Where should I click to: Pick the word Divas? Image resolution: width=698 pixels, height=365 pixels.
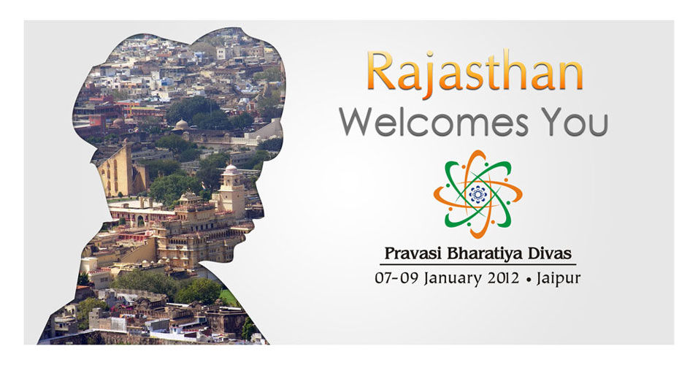click(549, 253)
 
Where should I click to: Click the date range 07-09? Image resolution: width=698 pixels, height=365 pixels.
click(396, 278)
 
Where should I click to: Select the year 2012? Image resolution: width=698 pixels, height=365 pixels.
click(503, 278)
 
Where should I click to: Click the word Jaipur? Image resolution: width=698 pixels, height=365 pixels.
click(559, 279)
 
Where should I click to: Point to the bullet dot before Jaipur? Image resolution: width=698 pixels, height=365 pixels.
click(529, 280)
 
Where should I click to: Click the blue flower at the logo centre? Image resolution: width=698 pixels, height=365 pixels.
click(478, 194)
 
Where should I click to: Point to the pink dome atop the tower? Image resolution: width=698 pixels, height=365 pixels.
click(231, 169)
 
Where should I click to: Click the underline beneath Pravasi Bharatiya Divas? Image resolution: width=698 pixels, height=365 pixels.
click(478, 264)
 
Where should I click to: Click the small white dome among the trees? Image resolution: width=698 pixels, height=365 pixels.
click(181, 125)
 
